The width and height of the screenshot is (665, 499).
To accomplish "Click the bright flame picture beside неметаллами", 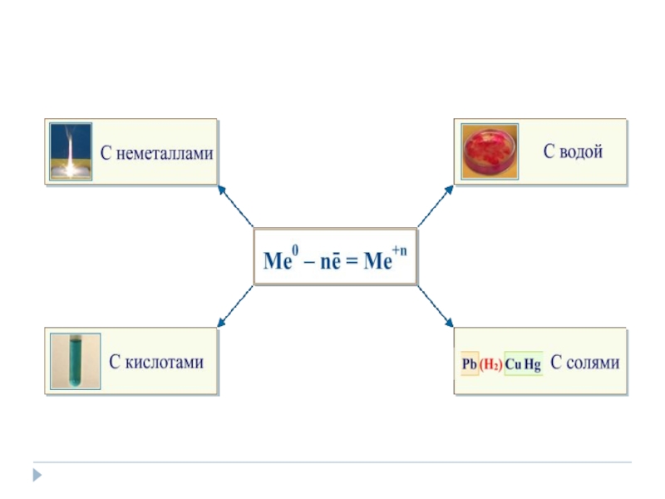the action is [x=71, y=151].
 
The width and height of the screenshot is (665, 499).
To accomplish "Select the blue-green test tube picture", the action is [x=75, y=362].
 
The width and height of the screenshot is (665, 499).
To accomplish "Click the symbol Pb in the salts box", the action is [x=469, y=364].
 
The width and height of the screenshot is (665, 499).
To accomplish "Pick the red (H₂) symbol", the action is [x=490, y=364].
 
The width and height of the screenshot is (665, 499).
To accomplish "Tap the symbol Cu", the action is [x=513, y=364].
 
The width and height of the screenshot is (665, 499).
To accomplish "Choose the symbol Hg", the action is [x=533, y=364].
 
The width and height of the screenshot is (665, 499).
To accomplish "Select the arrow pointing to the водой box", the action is [x=436, y=205].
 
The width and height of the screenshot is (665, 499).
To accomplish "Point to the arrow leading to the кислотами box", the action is [x=235, y=306].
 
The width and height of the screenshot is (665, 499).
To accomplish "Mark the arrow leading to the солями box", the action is [x=436, y=306].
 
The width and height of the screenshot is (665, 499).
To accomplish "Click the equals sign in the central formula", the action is [x=350, y=261].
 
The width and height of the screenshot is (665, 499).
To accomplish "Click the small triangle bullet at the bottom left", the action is [x=37, y=476].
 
